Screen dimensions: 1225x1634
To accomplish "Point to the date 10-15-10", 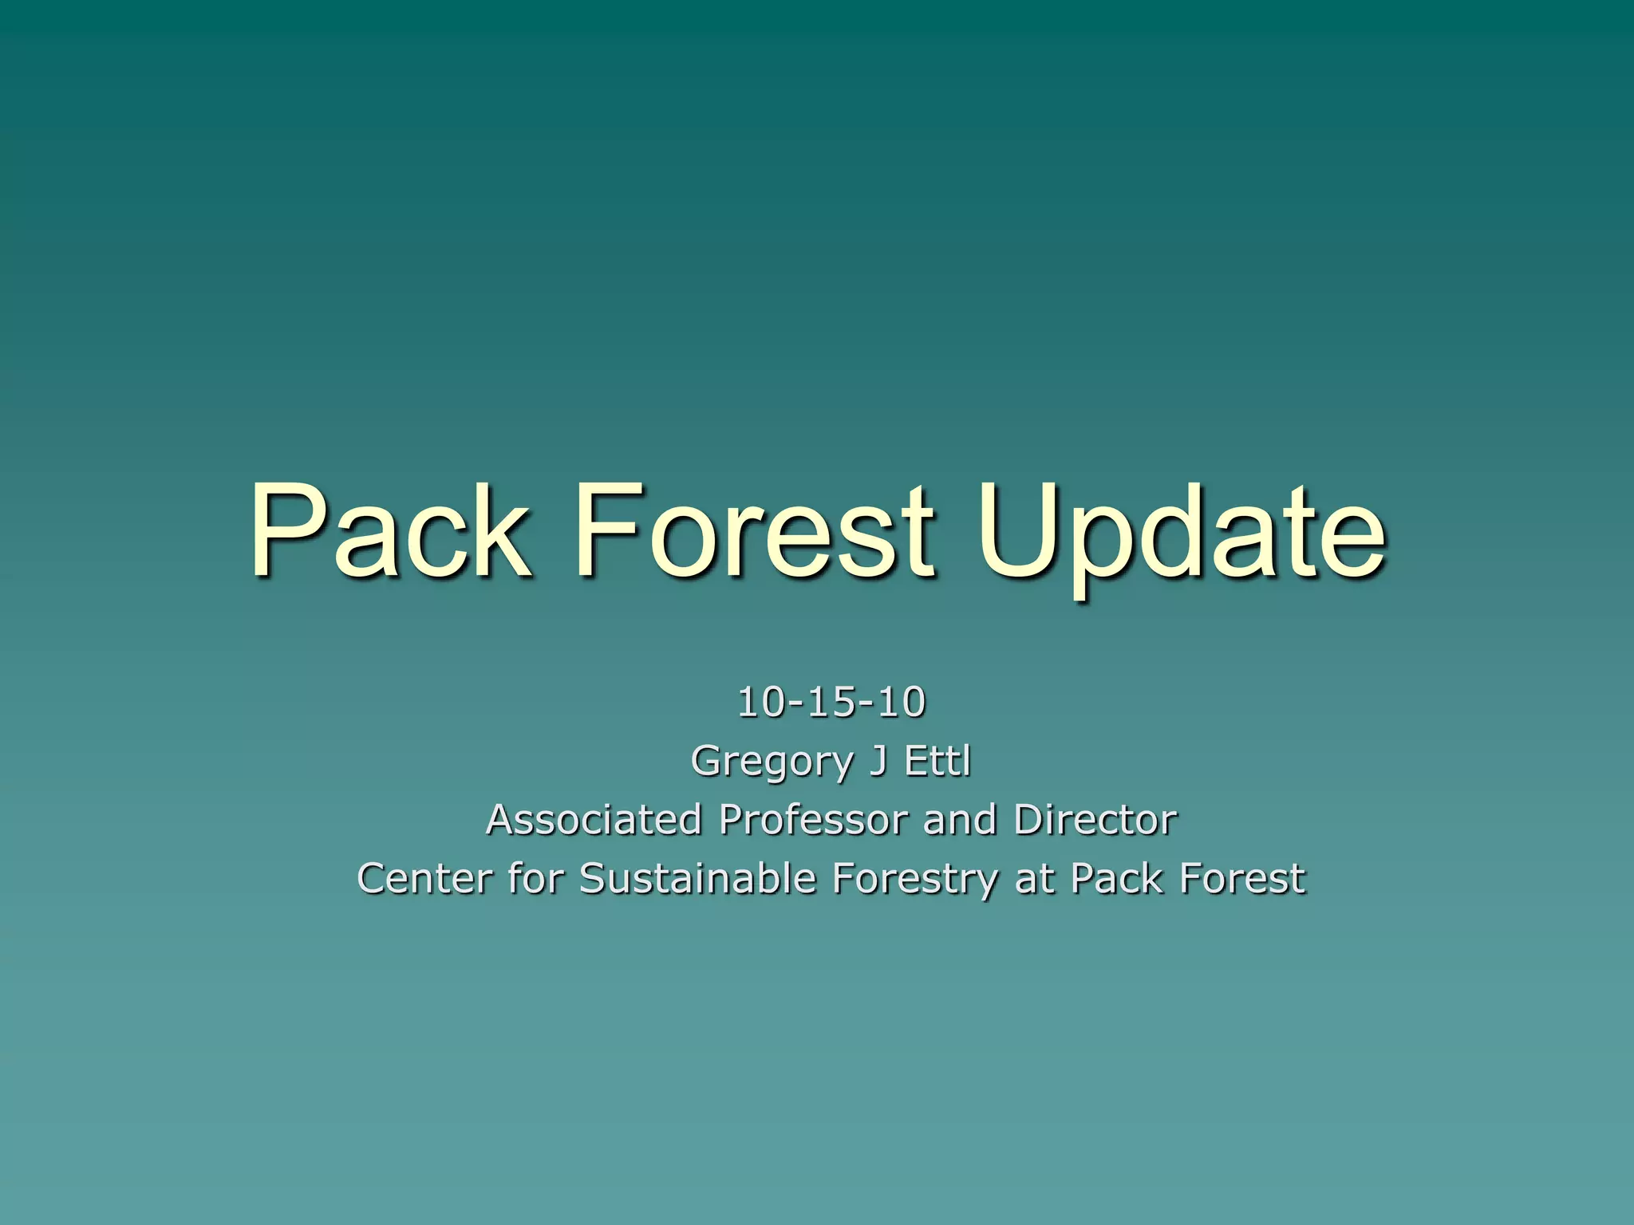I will (831, 702).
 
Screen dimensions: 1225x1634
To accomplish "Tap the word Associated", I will (594, 819).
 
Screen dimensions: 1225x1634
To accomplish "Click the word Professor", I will (813, 819).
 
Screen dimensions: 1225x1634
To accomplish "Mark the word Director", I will (1095, 819).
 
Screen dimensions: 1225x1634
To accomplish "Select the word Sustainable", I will (698, 878).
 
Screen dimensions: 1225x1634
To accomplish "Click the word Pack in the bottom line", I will (1116, 878).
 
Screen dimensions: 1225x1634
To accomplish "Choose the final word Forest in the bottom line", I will (1242, 878).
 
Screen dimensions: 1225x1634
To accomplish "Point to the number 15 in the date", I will (831, 702).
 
